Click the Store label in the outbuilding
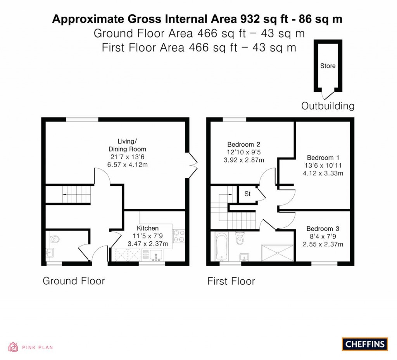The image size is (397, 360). click(328, 66)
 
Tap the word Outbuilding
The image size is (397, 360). click(328, 106)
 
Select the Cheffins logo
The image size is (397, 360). click(364, 344)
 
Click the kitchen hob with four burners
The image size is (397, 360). click(178, 236)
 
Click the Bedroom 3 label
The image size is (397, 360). click(323, 228)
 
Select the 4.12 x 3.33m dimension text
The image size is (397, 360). click(323, 173)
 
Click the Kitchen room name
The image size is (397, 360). click(148, 228)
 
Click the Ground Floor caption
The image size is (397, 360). click(74, 281)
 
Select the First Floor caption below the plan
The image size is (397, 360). click(231, 281)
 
